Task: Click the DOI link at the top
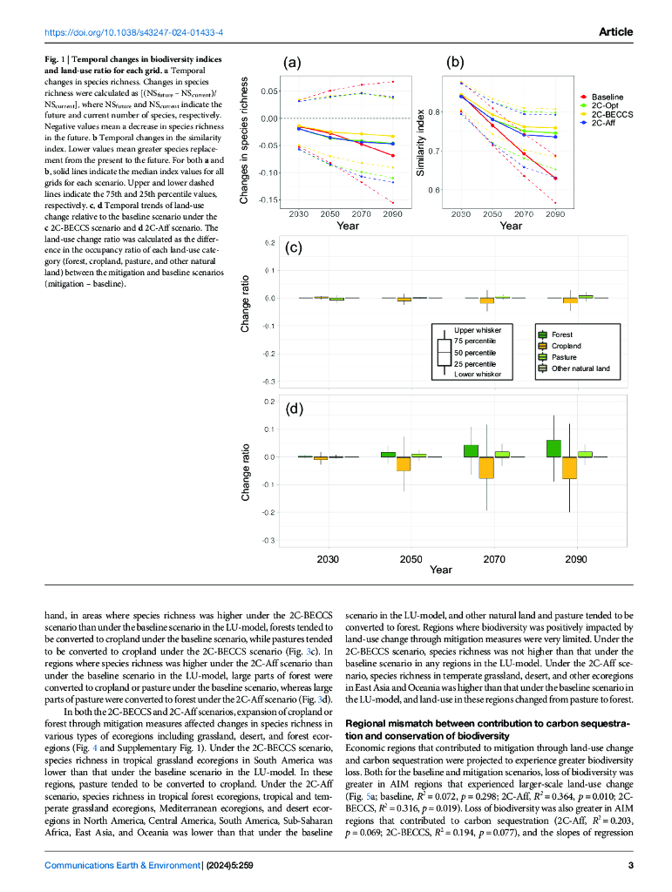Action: coord(134,32)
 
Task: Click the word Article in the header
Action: coord(615,32)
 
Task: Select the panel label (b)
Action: coord(454,62)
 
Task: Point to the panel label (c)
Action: coord(294,247)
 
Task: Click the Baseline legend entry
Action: coord(607,97)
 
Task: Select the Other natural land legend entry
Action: coord(580,368)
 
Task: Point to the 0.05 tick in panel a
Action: coord(268,91)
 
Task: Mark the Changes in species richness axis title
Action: coord(246,141)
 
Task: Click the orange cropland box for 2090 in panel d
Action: coord(569,468)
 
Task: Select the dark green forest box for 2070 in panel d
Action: coord(471,450)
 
